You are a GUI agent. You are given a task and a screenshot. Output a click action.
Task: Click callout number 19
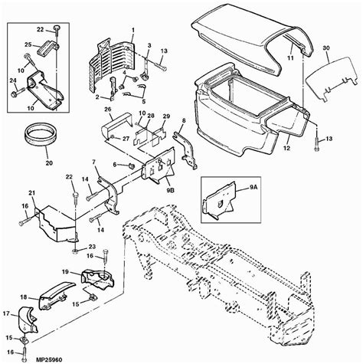click(65, 272)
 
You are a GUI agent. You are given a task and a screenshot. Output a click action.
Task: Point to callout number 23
click(92, 246)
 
